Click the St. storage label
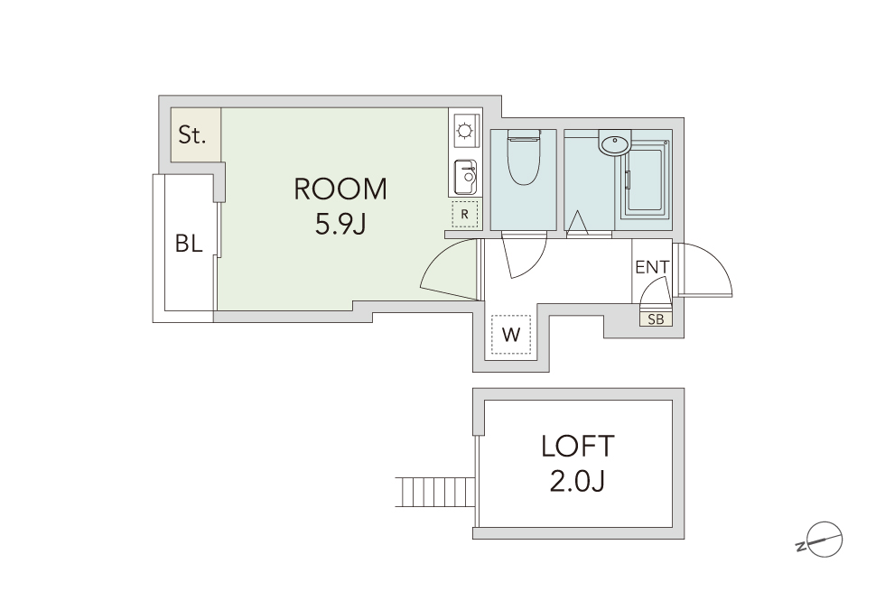[191, 135]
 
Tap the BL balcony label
[189, 244]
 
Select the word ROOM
[340, 189]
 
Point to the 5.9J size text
[340, 224]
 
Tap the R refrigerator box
[464, 215]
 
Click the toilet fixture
[524, 157]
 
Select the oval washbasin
[614, 145]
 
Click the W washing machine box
[511, 335]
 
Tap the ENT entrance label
[652, 267]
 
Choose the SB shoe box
[656, 319]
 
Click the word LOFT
[577, 446]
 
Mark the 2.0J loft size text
[577, 482]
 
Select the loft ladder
[434, 492]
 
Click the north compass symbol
[823, 540]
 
